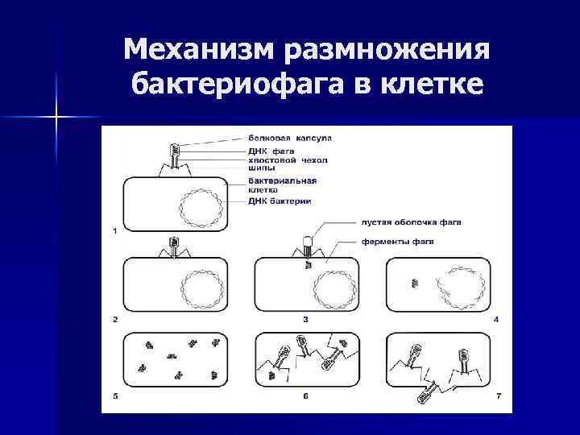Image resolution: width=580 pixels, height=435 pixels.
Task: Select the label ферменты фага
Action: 397,242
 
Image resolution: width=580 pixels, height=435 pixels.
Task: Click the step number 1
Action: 115,231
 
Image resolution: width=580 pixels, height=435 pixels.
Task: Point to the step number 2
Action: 115,320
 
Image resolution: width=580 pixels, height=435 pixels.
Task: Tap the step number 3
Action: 305,320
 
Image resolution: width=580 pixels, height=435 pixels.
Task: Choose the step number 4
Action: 496,320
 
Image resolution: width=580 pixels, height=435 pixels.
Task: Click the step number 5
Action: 115,396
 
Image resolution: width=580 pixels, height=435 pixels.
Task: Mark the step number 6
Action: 305,396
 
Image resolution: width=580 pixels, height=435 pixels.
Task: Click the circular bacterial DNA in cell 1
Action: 201,208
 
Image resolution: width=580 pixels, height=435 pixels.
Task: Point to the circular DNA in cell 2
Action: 201,288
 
